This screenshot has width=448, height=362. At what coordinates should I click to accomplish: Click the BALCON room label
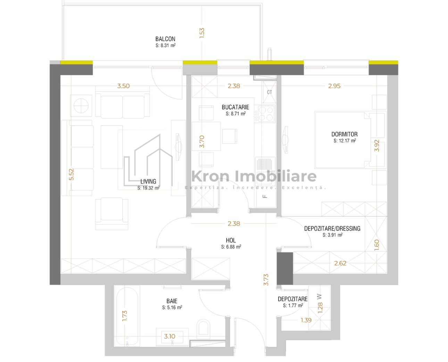coord(165,39)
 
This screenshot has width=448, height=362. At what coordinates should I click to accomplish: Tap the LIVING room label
coord(148,181)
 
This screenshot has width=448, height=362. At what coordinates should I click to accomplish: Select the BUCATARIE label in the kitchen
coord(235,107)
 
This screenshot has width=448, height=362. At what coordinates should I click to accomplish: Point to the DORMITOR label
coord(344,134)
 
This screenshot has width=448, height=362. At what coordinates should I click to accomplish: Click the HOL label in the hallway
coord(231,240)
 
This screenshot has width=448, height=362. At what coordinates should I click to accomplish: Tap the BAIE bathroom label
coord(172,301)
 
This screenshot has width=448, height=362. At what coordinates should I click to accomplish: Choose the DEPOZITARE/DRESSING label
coord(332,229)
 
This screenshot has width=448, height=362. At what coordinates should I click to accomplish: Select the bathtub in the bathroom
coord(127,317)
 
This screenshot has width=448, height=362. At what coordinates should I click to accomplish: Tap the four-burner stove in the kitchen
coord(266,114)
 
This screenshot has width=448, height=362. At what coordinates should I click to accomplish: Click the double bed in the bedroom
coord(343,140)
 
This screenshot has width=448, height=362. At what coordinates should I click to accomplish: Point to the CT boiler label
coord(269,92)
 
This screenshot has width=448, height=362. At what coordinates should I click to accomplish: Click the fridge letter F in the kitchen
coord(265,197)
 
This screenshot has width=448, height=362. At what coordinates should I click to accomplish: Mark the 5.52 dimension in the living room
coord(72,174)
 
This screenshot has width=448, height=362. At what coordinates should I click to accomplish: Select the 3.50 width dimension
coord(124,86)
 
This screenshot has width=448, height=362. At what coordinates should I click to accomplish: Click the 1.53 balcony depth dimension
coord(202,33)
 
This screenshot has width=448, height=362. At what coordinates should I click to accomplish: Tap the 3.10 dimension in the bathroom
coord(169,336)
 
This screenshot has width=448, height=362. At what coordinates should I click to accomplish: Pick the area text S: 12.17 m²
coord(345,141)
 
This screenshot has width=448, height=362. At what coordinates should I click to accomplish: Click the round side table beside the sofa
coord(81,106)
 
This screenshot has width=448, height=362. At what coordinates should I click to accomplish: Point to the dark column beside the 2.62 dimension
coord(285,268)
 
